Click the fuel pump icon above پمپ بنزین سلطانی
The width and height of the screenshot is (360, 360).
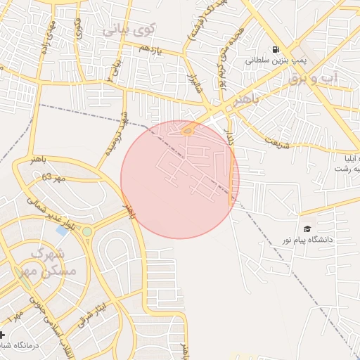[274, 49]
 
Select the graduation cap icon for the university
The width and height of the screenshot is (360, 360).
[307, 229]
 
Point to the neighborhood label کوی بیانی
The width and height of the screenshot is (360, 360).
[127, 30]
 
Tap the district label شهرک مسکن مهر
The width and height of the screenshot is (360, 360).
[51, 260]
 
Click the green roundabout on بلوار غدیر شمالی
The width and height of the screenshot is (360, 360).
[86, 231]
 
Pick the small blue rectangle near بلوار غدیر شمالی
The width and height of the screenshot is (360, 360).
[62, 230]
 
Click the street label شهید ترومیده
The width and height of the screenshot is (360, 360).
[115, 134]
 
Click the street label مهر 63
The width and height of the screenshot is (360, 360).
[53, 177]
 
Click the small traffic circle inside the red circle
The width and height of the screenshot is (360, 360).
[188, 130]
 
